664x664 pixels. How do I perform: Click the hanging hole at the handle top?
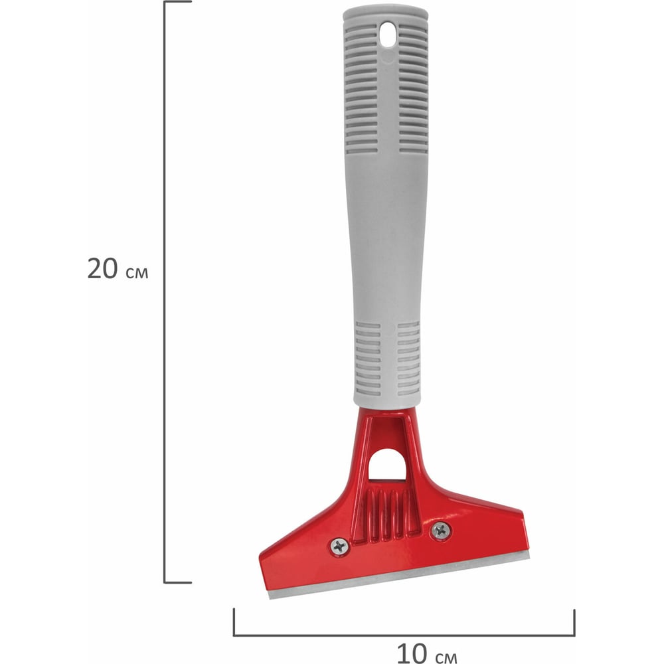[x=388, y=35]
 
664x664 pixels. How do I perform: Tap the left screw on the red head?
[x=339, y=546]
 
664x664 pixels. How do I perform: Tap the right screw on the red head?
[x=441, y=530]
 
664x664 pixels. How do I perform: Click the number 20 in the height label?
[x=102, y=268]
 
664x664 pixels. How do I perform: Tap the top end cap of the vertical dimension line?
[x=178, y=2]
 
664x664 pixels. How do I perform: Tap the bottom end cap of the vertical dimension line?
[x=178, y=583]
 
